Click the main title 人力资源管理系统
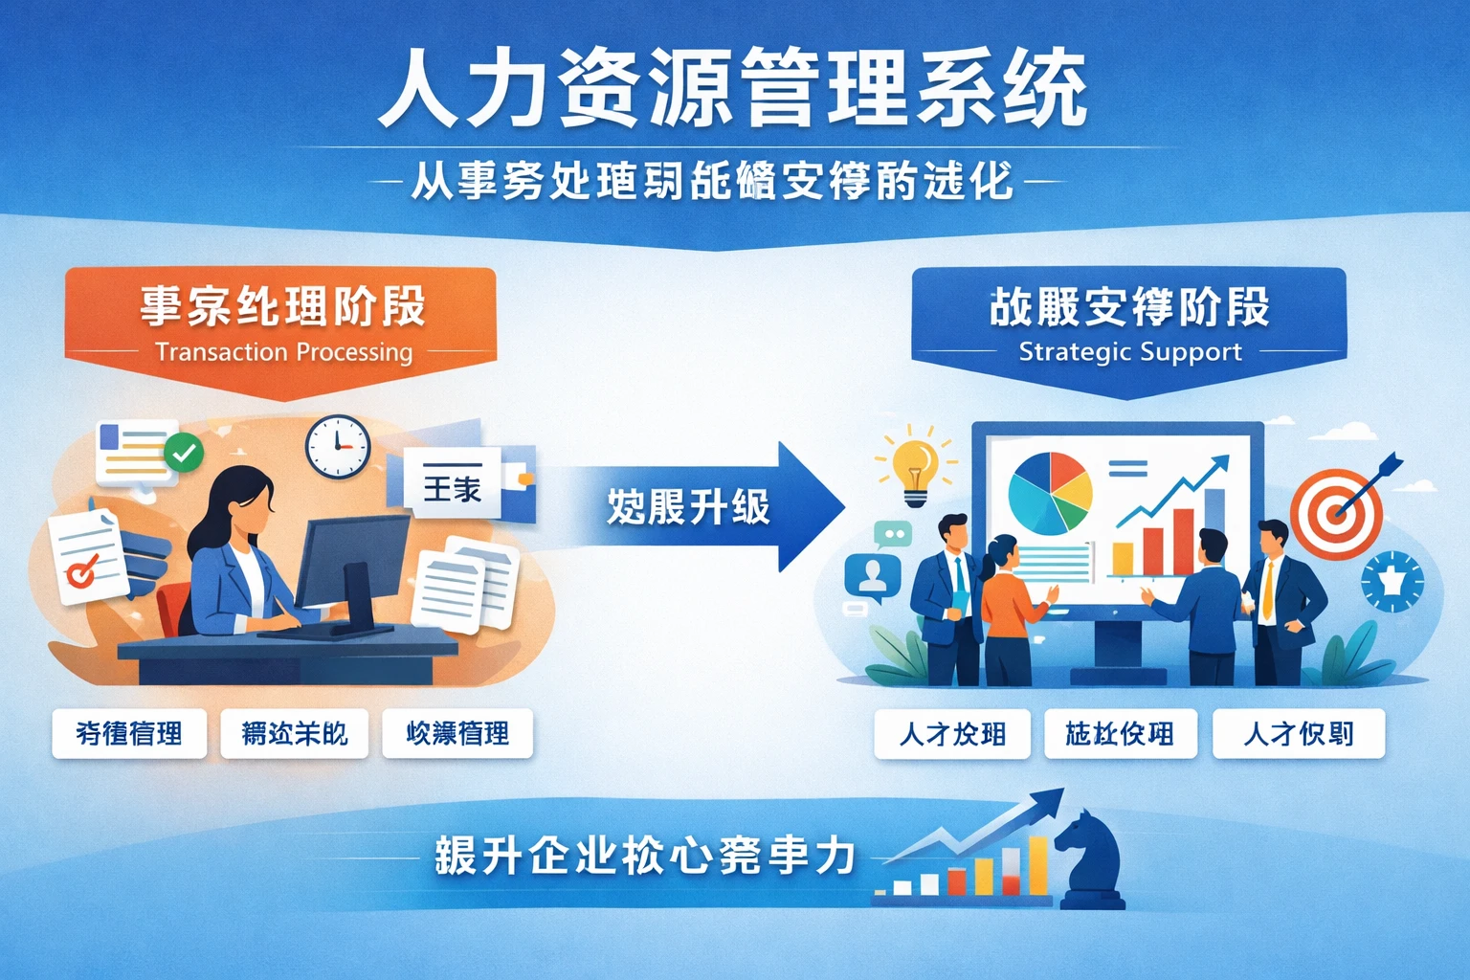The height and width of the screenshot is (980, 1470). pos(733,88)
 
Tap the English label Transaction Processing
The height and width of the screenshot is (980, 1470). pos(283,352)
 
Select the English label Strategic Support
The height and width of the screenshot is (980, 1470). pos(1129,352)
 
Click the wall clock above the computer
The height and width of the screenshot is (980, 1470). pos(338,447)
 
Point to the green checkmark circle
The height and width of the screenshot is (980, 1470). pos(184,453)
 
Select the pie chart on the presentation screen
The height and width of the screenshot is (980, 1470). pos(1049,493)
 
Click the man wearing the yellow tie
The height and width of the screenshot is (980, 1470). pos(1281,603)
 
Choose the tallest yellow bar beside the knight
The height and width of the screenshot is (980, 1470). pos(1037,865)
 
